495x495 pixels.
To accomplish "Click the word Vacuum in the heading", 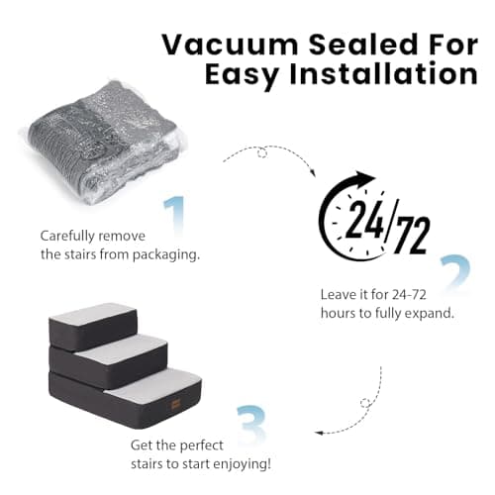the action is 230,45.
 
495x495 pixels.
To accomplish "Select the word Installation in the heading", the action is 383,73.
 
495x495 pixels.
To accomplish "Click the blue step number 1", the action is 175,216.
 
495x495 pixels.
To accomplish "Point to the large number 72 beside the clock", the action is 413,235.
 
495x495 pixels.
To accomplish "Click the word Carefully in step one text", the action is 67,237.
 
